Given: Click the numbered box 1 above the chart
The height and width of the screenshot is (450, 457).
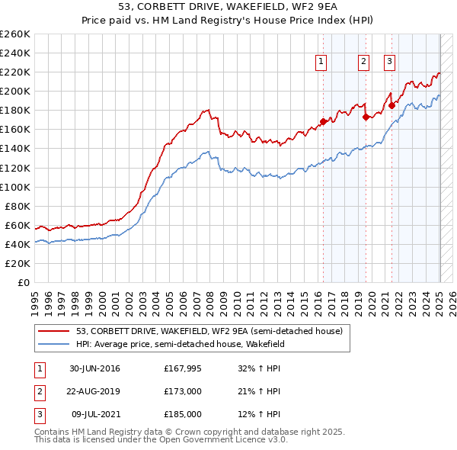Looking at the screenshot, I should (x=321, y=63).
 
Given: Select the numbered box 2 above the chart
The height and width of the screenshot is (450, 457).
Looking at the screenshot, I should (x=364, y=63).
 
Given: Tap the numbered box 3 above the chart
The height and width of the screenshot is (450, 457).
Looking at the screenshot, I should (x=389, y=63).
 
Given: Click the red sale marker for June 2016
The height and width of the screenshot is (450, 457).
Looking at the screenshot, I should (x=323, y=121).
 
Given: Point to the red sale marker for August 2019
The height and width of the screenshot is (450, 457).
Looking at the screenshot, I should (x=366, y=117).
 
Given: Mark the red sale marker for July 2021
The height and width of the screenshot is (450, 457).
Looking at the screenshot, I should (x=391, y=105).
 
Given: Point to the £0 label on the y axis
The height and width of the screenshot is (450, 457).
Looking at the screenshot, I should (x=23, y=282).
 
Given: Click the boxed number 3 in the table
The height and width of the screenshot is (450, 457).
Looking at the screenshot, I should (x=38, y=414).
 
